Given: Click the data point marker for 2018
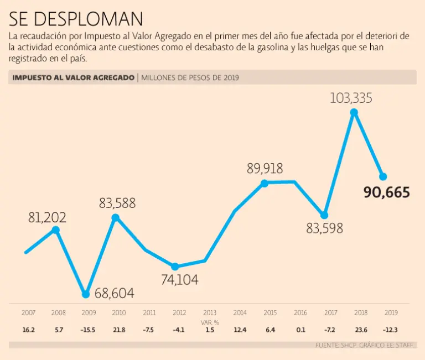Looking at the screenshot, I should (x=354, y=112).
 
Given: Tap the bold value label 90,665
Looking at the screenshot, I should (x=387, y=192).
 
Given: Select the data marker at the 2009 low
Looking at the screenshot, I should (x=85, y=294).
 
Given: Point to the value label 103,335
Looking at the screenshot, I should (x=351, y=98).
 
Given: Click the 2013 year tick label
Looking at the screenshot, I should (x=210, y=312).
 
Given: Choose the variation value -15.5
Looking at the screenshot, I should (x=88, y=330).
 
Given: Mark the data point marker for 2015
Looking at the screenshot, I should (x=265, y=183).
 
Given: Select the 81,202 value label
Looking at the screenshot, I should (x=47, y=217).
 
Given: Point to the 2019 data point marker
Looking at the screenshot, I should (x=382, y=176).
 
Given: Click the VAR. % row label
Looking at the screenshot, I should (x=209, y=321).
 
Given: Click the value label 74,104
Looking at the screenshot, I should (x=180, y=280).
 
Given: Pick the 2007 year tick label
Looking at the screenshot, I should (x=28, y=312).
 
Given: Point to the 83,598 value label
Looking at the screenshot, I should (x=325, y=227).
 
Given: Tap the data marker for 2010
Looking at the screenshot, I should (x=115, y=217).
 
